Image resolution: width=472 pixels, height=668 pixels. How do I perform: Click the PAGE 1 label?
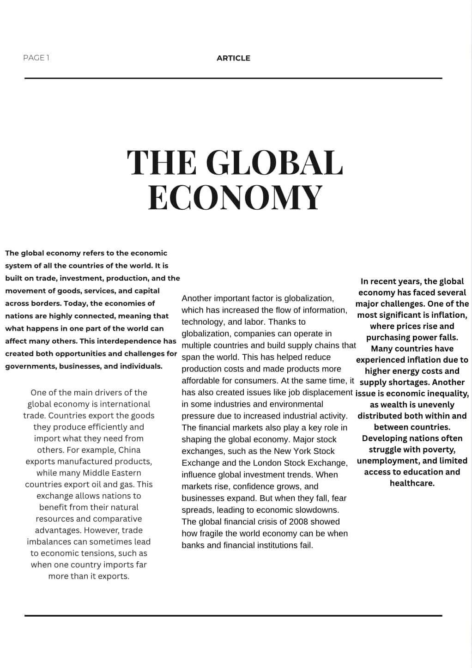[x=36, y=58]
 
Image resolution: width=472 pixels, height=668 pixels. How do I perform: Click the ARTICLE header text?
[x=233, y=58]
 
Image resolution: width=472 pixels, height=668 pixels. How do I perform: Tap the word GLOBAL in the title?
[x=274, y=163]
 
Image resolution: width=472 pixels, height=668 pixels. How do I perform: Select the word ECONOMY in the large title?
[x=235, y=197]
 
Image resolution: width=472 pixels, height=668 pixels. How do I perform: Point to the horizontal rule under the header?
[x=233, y=79]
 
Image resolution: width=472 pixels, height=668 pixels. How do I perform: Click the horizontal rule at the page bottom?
[x=233, y=615]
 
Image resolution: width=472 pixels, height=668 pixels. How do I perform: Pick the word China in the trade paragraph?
[x=129, y=450]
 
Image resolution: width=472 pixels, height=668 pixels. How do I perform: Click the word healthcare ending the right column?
[x=412, y=483]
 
